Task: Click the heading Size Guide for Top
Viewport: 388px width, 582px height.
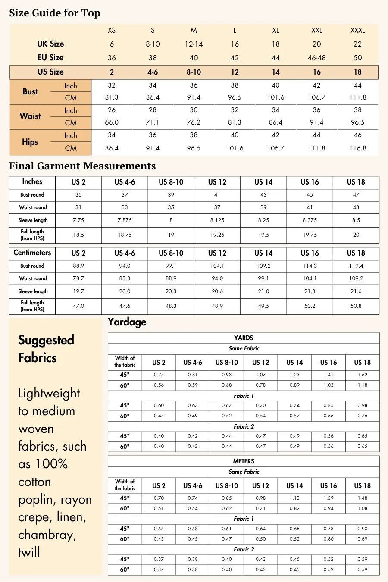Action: [55, 13]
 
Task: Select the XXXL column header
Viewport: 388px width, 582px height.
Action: [357, 30]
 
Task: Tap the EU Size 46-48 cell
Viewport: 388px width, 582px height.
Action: [316, 58]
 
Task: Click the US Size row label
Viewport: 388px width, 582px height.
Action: [50, 72]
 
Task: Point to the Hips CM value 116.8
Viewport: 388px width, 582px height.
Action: [357, 148]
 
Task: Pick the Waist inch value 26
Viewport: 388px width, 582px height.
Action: [112, 110]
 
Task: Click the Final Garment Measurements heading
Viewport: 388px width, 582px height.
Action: [82, 166]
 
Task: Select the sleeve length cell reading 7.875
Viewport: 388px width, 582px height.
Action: [125, 220]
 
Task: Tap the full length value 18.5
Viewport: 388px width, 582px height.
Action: [78, 235]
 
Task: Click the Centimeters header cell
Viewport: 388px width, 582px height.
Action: [32, 253]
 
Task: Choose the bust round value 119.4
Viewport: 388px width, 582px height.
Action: [356, 266]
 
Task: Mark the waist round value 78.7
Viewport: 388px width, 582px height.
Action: [78, 278]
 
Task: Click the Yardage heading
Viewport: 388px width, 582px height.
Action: [127, 322]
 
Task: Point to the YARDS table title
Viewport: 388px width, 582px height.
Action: [244, 338]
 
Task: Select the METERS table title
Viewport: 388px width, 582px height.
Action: [244, 461]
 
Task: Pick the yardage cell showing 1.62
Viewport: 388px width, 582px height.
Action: [362, 375]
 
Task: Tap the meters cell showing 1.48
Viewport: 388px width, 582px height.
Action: [362, 498]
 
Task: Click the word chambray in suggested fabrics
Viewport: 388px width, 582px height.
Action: [47, 535]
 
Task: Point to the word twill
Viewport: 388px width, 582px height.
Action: [29, 552]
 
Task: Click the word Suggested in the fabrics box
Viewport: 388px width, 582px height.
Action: [46, 340]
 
